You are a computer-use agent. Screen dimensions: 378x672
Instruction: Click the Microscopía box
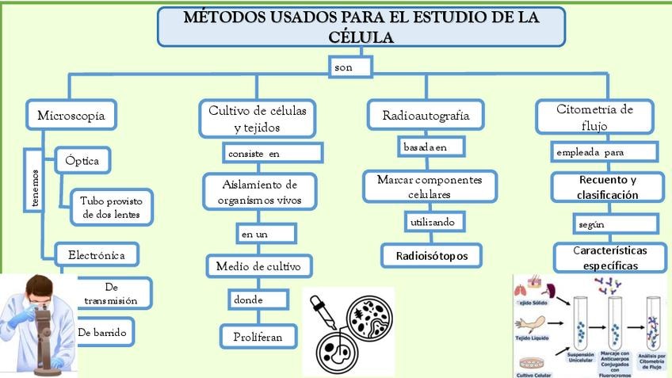point(71,115)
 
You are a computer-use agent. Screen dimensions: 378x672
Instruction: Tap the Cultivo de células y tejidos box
point(257,117)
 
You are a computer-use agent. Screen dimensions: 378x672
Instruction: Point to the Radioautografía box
point(426,116)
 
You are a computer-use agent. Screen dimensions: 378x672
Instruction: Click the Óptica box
point(82,161)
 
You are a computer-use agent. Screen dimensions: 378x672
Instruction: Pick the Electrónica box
point(97,255)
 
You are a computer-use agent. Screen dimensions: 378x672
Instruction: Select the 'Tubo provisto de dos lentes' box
point(111,207)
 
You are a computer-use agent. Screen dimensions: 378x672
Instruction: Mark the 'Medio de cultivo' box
point(258,267)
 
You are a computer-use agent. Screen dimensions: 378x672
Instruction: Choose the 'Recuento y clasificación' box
point(607,187)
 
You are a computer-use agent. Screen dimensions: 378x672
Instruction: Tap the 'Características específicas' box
point(609,258)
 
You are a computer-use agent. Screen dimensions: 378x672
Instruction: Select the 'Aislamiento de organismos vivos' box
point(259,192)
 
